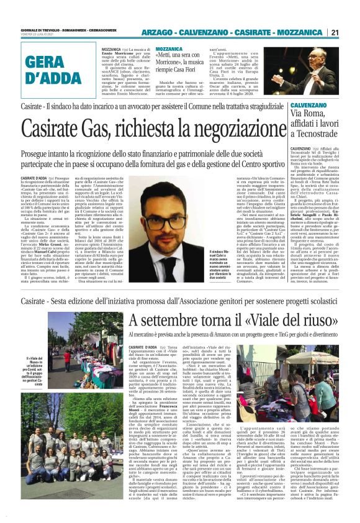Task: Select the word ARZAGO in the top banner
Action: (156, 32)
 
